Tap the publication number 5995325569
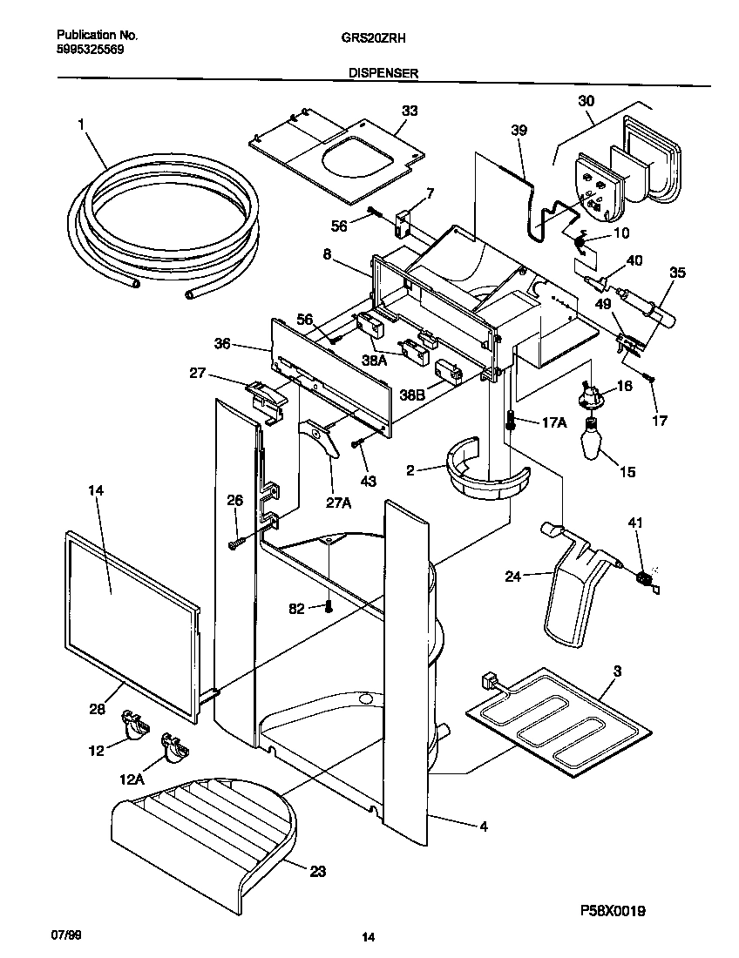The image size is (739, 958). point(90,50)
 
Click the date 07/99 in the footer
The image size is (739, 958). point(64,934)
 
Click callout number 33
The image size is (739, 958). point(409,111)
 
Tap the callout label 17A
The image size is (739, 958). point(553,422)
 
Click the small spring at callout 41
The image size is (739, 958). point(646,579)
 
